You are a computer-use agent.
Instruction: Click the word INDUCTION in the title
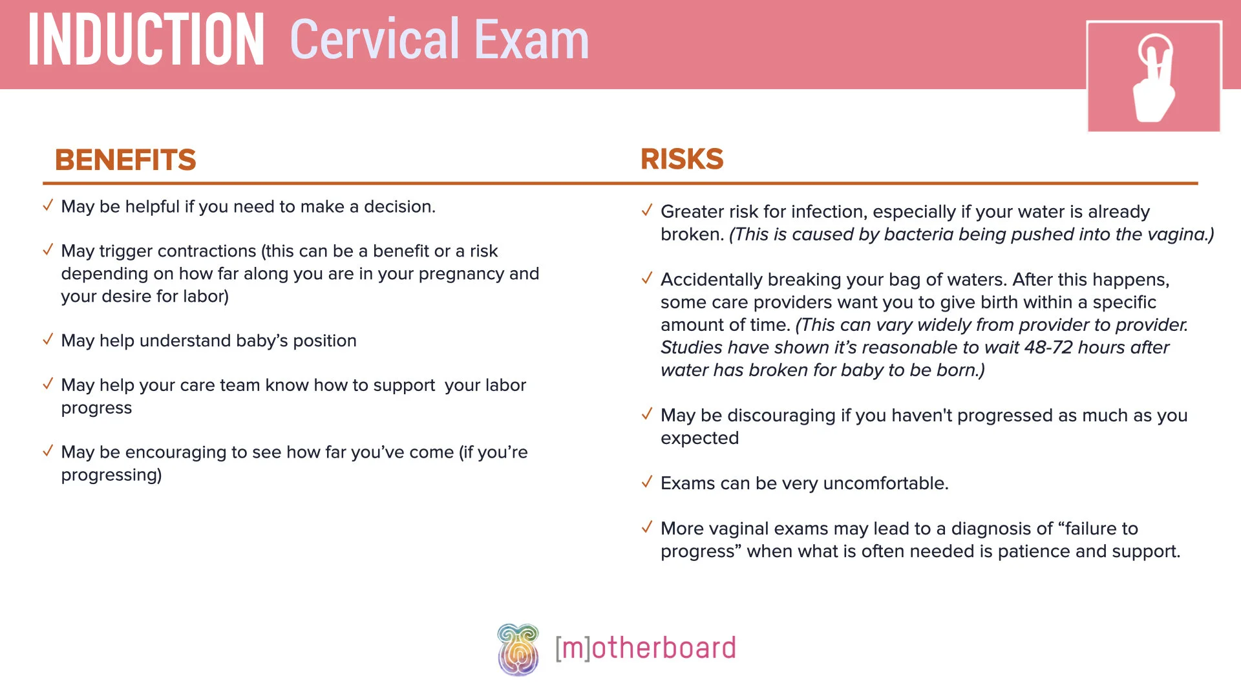146,41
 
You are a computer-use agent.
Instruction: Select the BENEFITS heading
125,160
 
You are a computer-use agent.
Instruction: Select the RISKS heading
682,159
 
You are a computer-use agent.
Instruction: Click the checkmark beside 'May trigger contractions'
48,250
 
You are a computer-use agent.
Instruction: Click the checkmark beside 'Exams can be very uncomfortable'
647,482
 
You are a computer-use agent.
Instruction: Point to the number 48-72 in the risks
1048,348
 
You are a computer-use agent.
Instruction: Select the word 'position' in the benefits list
324,341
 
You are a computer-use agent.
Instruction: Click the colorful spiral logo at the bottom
518,650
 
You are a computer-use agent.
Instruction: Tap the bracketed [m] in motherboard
573,648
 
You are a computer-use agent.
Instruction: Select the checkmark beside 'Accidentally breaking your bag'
647,279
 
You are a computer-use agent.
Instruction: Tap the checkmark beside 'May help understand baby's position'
48,340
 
